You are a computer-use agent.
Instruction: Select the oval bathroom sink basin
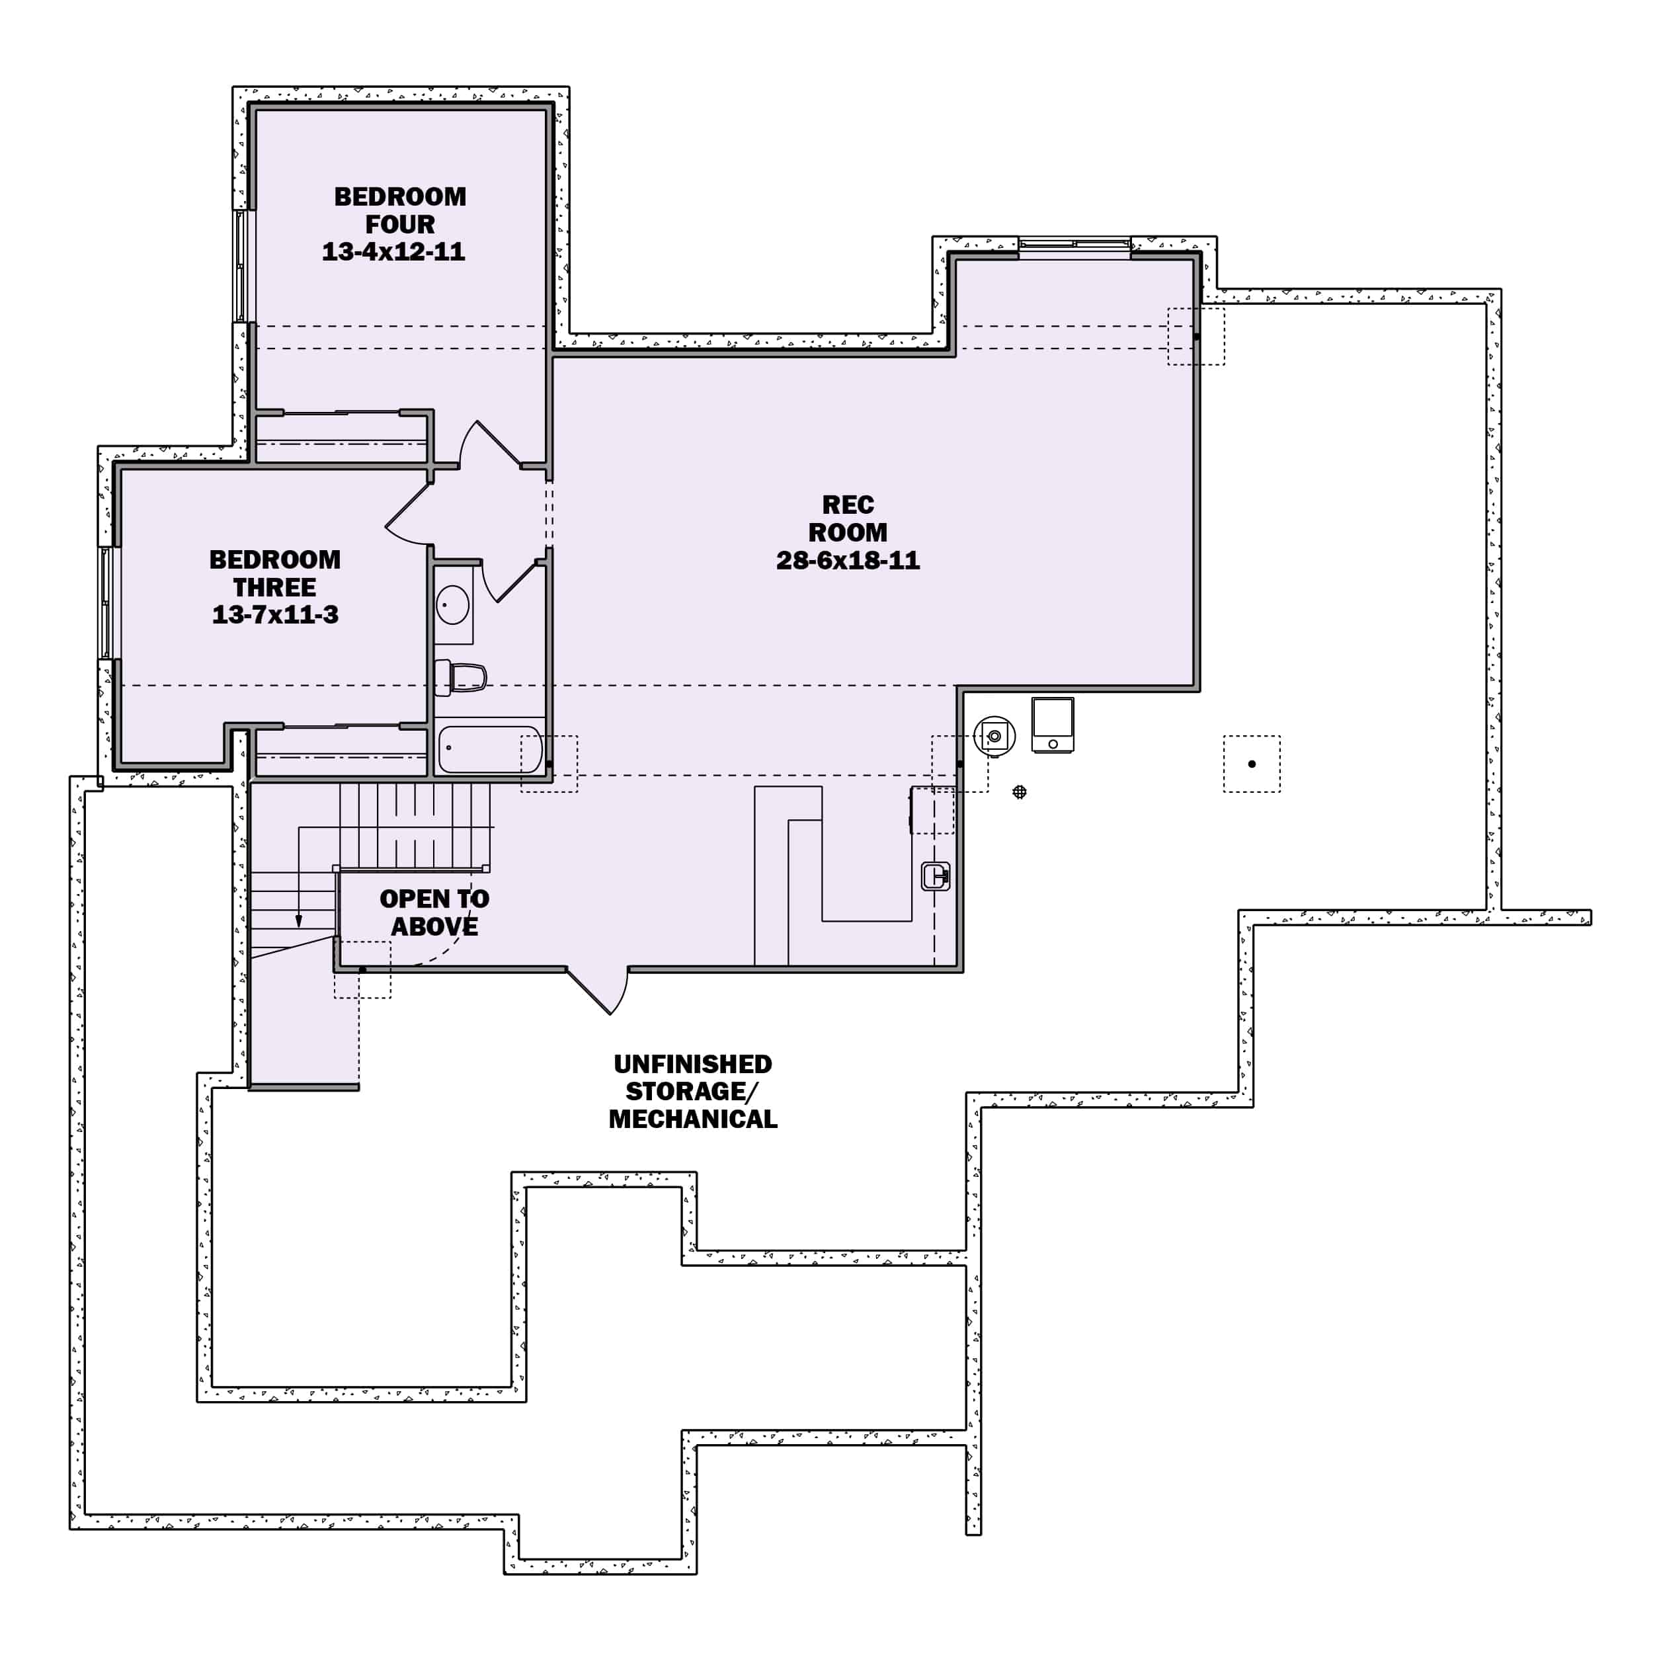(x=452, y=604)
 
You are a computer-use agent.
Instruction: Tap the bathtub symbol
(x=490, y=750)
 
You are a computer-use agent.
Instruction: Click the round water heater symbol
(x=994, y=736)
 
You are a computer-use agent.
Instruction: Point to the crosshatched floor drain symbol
(x=1020, y=791)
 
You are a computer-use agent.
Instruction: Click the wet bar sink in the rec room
(x=936, y=876)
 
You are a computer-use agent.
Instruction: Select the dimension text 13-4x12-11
(x=393, y=252)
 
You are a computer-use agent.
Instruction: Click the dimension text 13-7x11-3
(x=275, y=615)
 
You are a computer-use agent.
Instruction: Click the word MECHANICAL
(x=693, y=1119)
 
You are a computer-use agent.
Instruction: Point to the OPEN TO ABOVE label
(x=434, y=912)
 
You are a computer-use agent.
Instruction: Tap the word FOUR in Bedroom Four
(x=400, y=224)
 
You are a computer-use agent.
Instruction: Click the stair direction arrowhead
(x=299, y=921)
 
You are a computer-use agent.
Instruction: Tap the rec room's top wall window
(x=1074, y=247)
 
